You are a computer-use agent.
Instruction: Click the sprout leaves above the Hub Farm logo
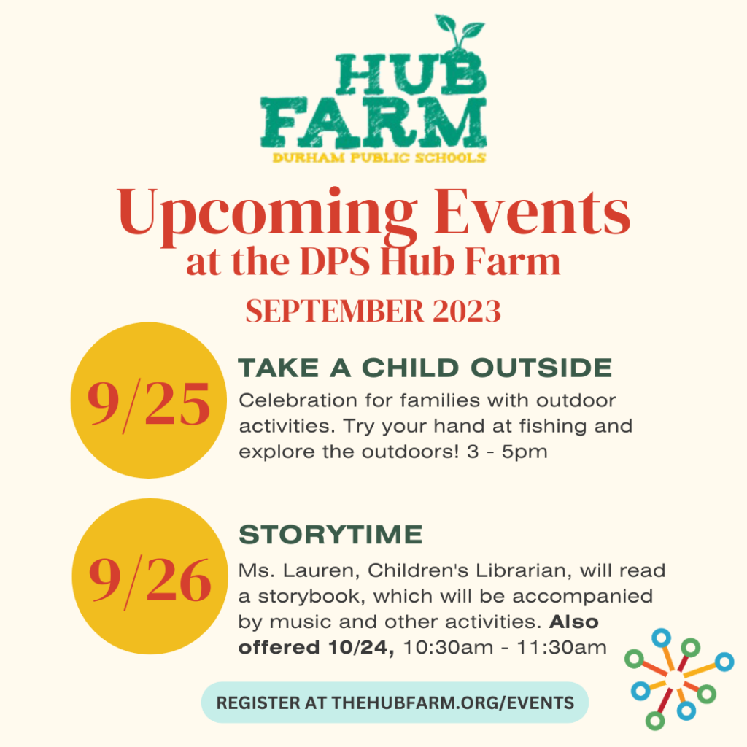click(457, 30)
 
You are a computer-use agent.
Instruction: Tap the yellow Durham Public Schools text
click(379, 158)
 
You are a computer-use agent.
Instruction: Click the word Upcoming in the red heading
click(267, 214)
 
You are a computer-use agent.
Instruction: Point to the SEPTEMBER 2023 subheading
click(373, 311)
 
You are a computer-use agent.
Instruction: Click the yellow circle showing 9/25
click(149, 400)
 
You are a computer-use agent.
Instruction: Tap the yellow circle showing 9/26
click(150, 576)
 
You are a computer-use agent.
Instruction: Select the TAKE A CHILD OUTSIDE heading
click(425, 368)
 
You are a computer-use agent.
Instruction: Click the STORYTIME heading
click(330, 534)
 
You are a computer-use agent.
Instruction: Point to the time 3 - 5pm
click(507, 452)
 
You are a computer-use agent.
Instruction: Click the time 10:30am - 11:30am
click(505, 648)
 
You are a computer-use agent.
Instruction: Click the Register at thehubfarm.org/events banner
click(395, 703)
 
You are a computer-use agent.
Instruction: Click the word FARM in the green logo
click(373, 123)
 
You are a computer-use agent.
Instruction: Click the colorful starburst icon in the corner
click(679, 679)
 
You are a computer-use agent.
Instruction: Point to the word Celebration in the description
click(298, 400)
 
